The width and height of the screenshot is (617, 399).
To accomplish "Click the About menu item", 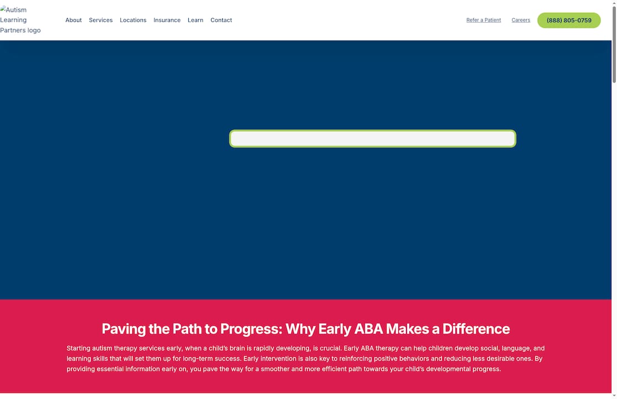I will click(73, 20).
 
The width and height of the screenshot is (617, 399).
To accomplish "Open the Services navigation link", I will click(100, 20).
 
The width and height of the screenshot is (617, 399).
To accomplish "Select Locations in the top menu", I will click(133, 20).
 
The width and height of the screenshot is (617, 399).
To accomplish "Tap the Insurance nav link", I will click(167, 20).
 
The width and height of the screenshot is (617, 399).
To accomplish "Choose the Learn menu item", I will click(196, 20).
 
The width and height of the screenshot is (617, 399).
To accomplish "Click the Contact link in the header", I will click(221, 20).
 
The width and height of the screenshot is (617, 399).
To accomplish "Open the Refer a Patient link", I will click(484, 20).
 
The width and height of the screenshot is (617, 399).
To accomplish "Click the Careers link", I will click(521, 20).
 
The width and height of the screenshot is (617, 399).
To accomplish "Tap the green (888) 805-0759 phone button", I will click(569, 21).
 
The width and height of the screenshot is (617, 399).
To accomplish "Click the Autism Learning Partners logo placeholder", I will click(20, 20).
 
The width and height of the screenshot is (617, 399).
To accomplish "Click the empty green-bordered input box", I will click(372, 139).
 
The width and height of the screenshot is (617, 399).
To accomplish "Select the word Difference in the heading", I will click(476, 329).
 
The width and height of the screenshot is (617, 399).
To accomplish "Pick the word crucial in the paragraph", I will click(330, 349).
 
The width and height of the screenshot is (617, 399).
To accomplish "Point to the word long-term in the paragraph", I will click(199, 359).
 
